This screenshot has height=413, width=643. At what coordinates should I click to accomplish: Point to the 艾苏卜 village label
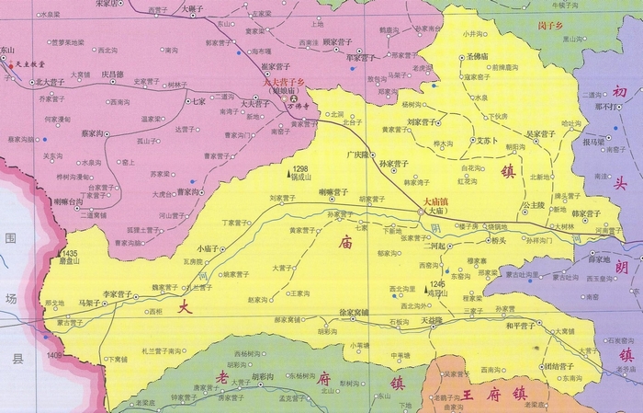click(486, 141)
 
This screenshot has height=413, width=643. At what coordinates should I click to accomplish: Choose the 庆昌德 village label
click(111, 74)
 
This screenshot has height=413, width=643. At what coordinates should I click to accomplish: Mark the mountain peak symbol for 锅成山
click(287, 171)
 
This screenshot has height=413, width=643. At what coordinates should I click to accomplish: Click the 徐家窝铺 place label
click(354, 313)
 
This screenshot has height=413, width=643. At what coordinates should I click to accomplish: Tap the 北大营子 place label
click(50, 82)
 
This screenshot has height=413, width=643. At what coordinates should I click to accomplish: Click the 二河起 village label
click(434, 246)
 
